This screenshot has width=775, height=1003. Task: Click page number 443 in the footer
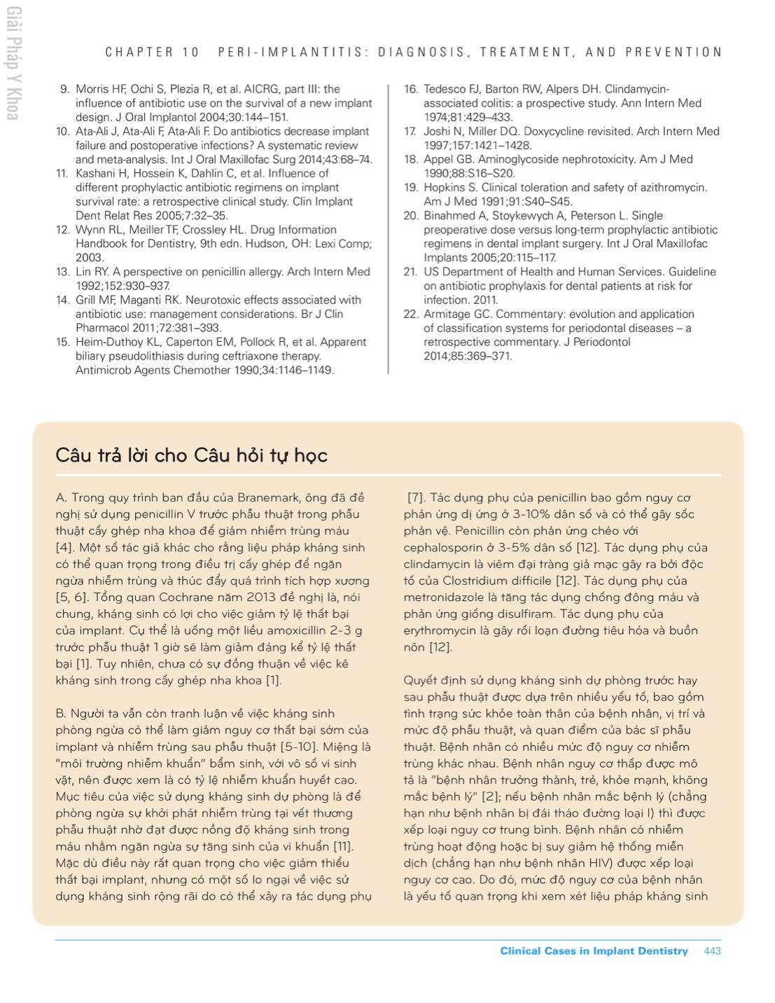[x=712, y=950]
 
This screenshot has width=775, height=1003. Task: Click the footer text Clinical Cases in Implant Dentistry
[x=594, y=950]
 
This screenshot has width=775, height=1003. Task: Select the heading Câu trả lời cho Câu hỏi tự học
[x=191, y=455]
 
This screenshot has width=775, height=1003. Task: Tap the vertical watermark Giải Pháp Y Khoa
[x=13, y=63]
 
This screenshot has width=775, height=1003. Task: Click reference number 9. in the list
[x=64, y=89]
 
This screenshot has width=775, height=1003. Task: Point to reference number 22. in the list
[x=411, y=314]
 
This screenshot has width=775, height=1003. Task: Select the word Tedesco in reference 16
[x=445, y=89]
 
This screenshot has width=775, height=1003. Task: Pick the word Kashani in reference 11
[x=97, y=173]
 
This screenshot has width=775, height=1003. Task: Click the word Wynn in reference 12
[x=90, y=229]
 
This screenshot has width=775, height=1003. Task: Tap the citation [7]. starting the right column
[x=416, y=497]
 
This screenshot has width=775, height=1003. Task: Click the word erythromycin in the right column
[x=440, y=630]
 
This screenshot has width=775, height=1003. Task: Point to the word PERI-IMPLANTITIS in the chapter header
[x=293, y=52]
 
